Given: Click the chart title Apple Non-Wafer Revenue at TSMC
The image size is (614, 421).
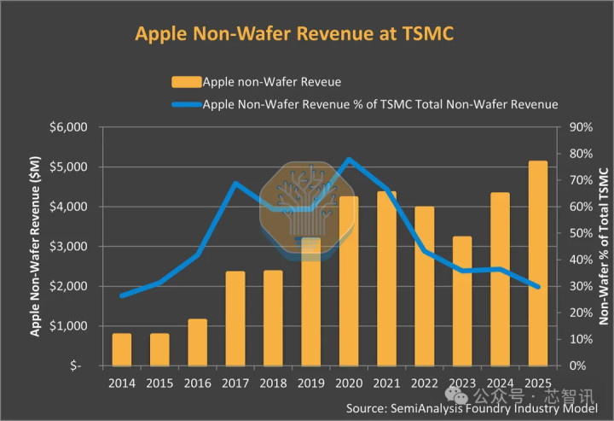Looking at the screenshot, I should point(294,33).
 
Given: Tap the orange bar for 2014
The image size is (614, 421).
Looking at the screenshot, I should point(122,349).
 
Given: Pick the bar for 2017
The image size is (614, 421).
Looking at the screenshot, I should point(235,319).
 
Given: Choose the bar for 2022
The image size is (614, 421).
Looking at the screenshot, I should point(425,286).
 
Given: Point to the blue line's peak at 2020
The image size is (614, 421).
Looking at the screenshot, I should point(349,160).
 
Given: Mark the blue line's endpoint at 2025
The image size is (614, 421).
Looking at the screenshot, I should point(537,287).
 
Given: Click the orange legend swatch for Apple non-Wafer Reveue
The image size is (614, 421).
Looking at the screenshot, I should point(186,82).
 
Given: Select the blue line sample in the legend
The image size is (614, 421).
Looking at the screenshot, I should point(186,105).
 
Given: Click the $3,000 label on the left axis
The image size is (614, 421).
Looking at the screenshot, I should point(68,247).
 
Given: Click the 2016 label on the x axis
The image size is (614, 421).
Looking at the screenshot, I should point(198,383).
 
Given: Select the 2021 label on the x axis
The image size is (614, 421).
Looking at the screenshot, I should point(386,383).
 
